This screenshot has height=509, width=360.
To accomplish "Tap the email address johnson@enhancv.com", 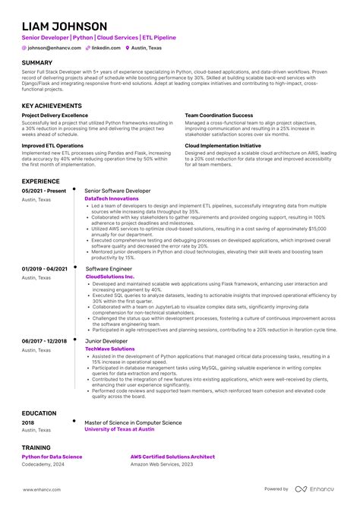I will click(x=51, y=47).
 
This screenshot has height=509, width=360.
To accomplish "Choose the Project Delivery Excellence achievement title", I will click(x=55, y=115).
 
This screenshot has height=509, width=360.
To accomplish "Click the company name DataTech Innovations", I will click(x=111, y=198).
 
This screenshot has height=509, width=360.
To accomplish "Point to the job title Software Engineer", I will click(x=109, y=268).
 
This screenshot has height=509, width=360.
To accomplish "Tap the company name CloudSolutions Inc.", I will click(x=109, y=277).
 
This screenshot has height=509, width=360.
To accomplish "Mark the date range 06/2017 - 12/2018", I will click(x=45, y=341).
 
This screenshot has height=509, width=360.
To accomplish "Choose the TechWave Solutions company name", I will click(x=107, y=349).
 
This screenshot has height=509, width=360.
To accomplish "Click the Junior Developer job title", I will click(x=106, y=341).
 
